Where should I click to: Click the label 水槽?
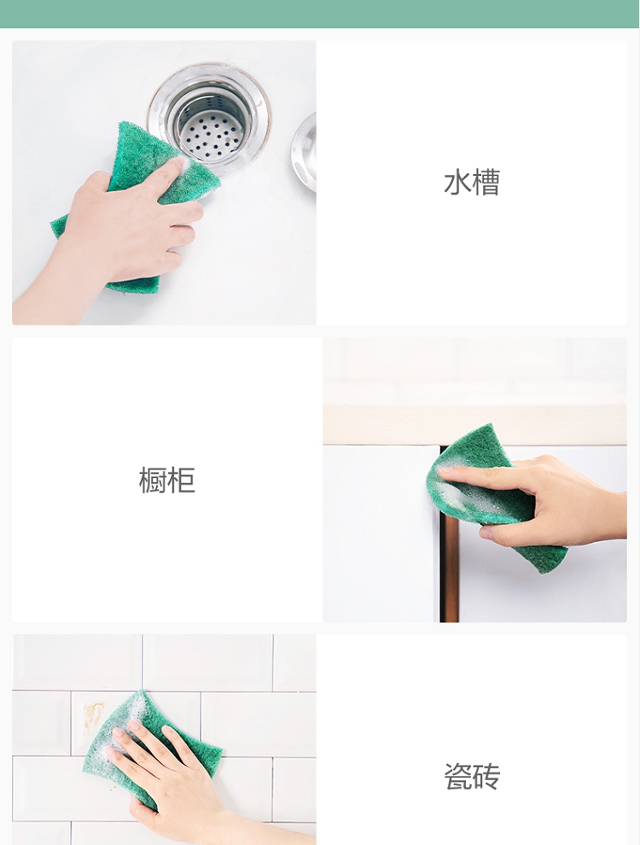pos(471,182)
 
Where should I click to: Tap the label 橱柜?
pos(166,480)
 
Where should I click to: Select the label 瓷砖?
pos(471,776)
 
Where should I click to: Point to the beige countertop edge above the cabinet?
pos(474,425)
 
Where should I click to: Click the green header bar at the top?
pos(320,14)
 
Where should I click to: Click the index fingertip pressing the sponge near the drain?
pos(177,164)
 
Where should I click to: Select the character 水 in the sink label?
pos(457,182)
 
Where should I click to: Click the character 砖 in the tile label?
pos(486,776)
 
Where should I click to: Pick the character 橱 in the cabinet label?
pos(153,480)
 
